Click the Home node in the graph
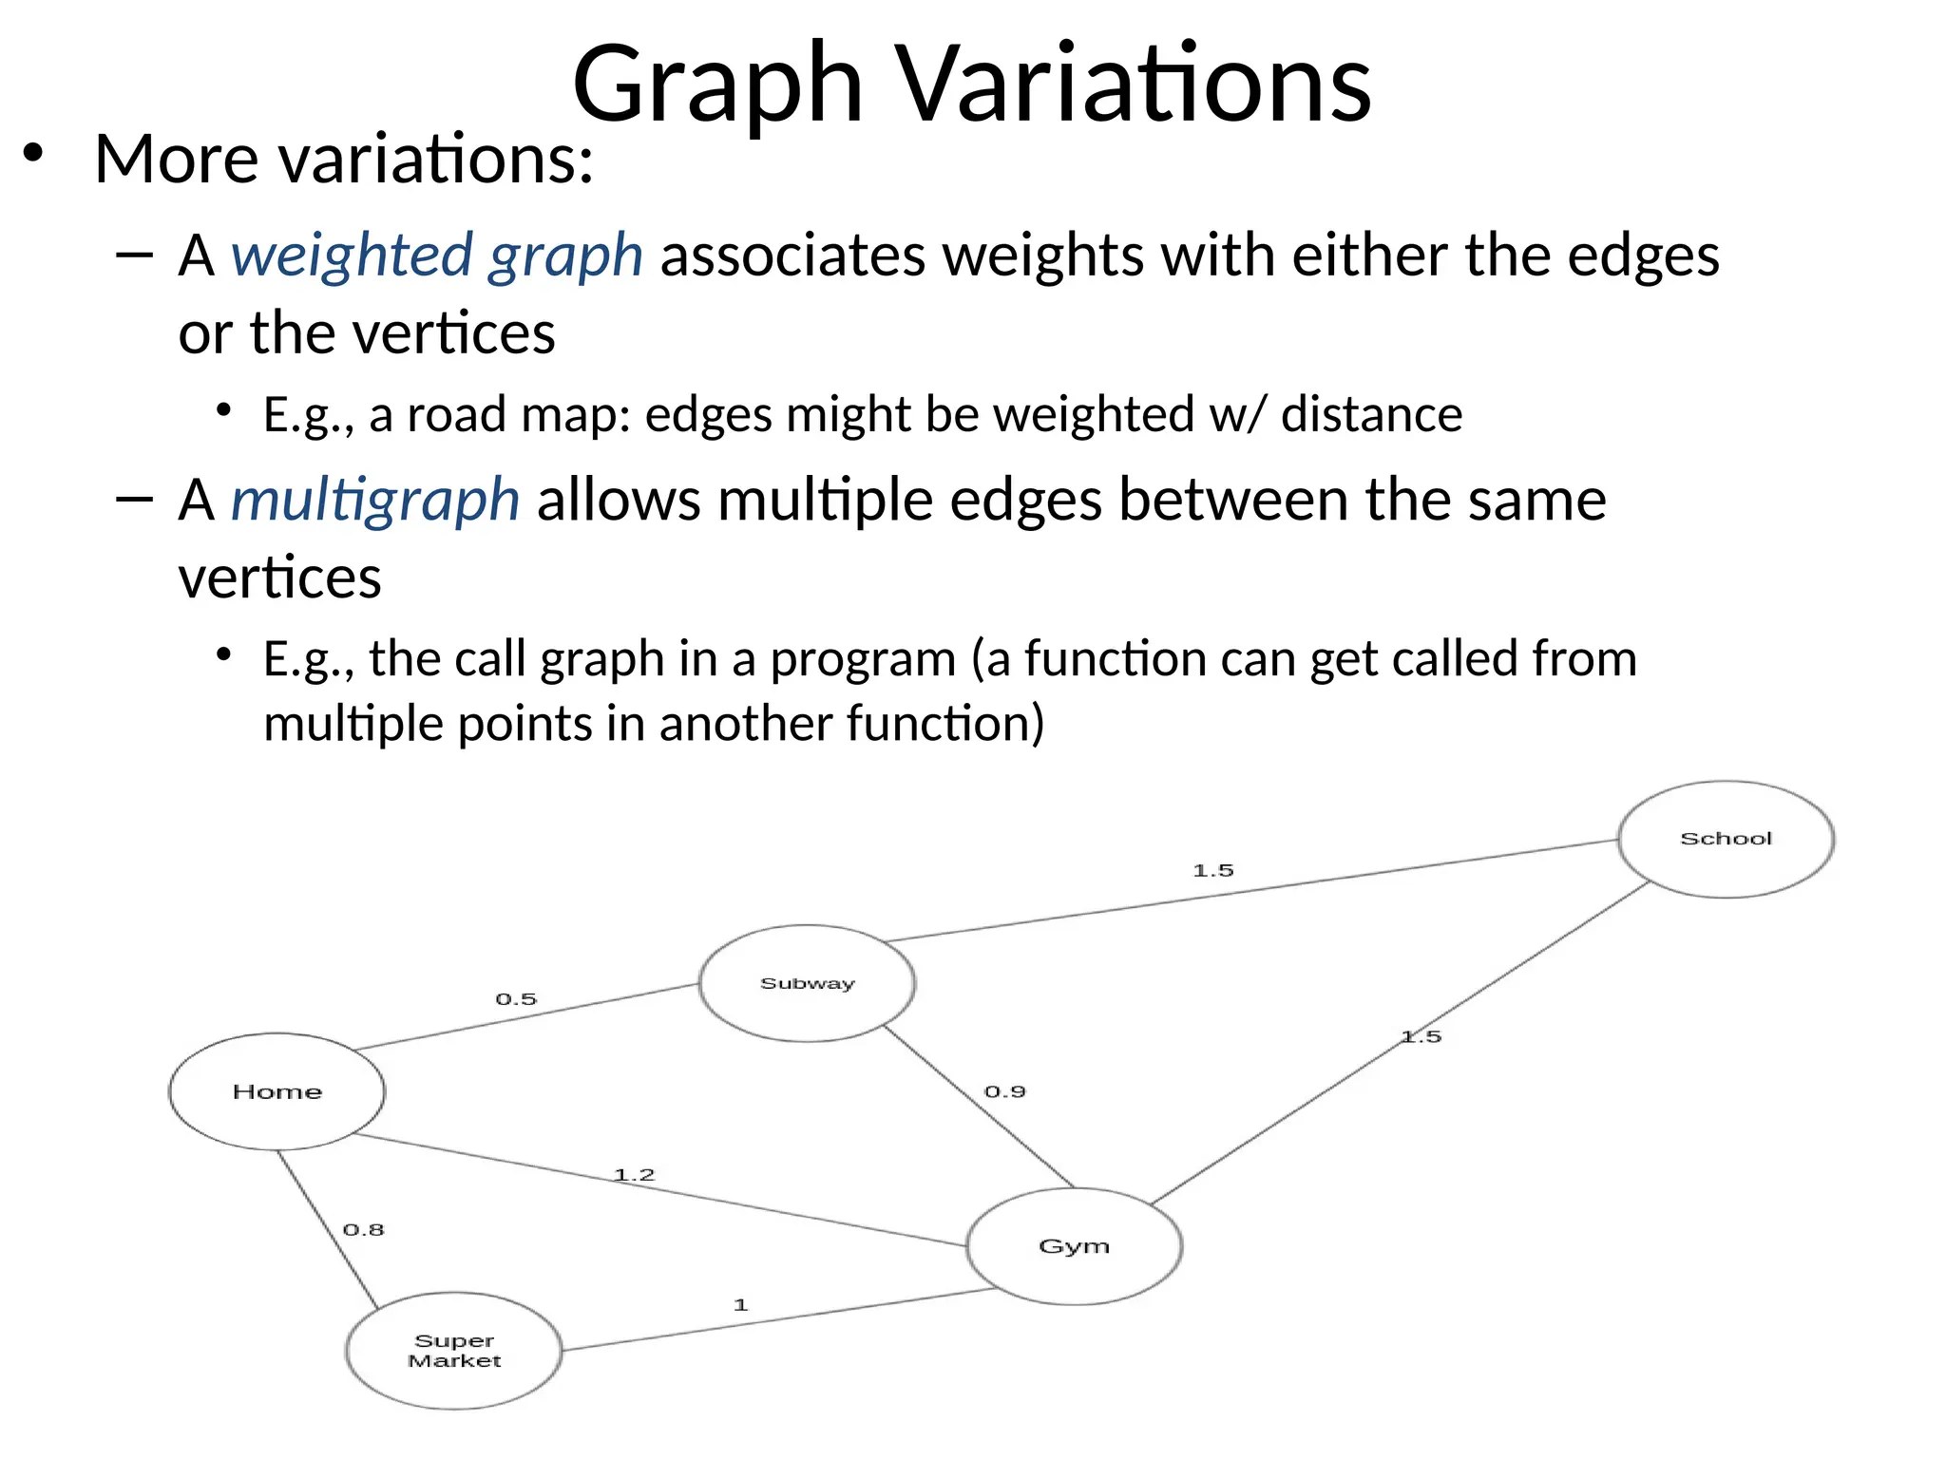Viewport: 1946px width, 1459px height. click(x=277, y=1091)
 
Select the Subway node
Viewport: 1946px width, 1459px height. click(x=807, y=983)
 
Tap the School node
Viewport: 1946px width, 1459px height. click(x=1726, y=839)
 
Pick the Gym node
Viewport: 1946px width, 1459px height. click(x=1074, y=1245)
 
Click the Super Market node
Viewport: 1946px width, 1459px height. click(x=454, y=1350)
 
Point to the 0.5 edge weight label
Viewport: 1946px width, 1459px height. click(x=516, y=999)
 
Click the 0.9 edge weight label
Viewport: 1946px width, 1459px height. click(x=1004, y=1091)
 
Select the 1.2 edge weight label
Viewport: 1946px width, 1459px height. click(x=634, y=1175)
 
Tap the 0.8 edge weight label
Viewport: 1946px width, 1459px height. click(x=363, y=1230)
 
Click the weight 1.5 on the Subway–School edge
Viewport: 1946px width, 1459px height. click(x=1212, y=870)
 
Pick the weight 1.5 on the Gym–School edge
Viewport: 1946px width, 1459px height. click(x=1421, y=1036)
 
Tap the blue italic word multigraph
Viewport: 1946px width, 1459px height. click(x=375, y=500)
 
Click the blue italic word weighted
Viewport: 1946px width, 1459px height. click(x=352, y=256)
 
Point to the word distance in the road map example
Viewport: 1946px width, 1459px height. click(x=1371, y=414)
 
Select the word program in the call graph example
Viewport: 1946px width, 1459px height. click(x=862, y=658)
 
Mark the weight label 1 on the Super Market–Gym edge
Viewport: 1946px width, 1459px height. click(x=741, y=1305)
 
